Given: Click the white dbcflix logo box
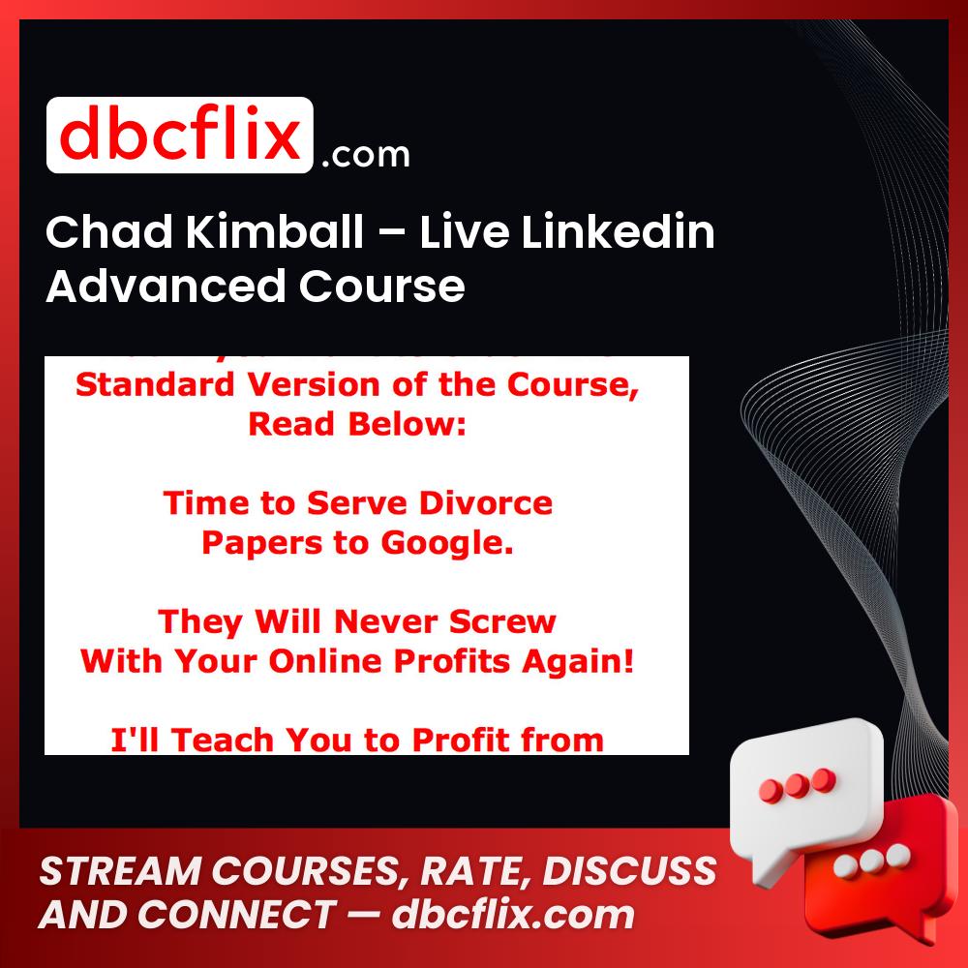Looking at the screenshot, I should (180, 136).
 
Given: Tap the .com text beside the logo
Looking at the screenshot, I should (365, 155).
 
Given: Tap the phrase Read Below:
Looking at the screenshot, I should (357, 424).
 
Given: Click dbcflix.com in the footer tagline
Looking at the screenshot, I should (512, 915).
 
